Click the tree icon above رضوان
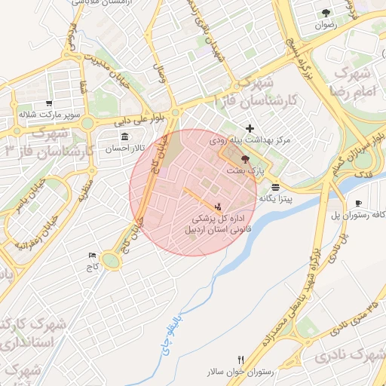coord(326,13)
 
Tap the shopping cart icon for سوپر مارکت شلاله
coord(50,103)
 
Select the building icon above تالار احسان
coord(124,136)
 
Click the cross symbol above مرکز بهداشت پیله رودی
coord(250,129)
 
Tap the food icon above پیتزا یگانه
coord(276,186)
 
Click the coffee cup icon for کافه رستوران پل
coord(358,204)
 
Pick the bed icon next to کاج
coord(93,256)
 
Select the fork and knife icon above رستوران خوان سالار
coord(241,360)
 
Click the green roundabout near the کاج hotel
coord(112,261)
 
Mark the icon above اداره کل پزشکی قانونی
coord(218,206)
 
